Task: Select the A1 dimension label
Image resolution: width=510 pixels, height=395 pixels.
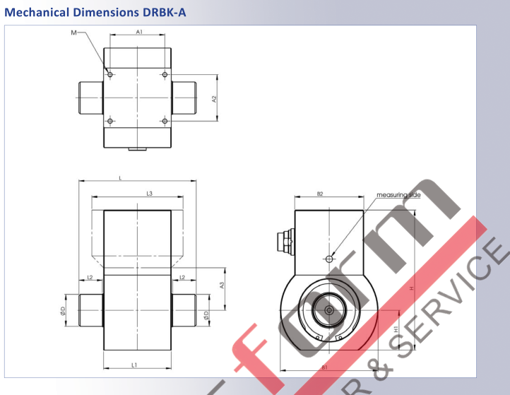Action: pos(139,33)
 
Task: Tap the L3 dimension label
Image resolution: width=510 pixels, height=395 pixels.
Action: pos(149,193)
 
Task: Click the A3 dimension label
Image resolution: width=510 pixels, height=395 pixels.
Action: pos(222,285)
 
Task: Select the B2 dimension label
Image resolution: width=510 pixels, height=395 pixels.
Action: pos(319,193)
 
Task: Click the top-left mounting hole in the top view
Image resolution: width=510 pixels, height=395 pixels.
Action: pos(109,74)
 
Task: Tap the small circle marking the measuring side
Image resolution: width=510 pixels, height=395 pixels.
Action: pos(329,259)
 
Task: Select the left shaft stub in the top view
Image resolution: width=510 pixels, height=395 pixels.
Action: pos(90,98)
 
